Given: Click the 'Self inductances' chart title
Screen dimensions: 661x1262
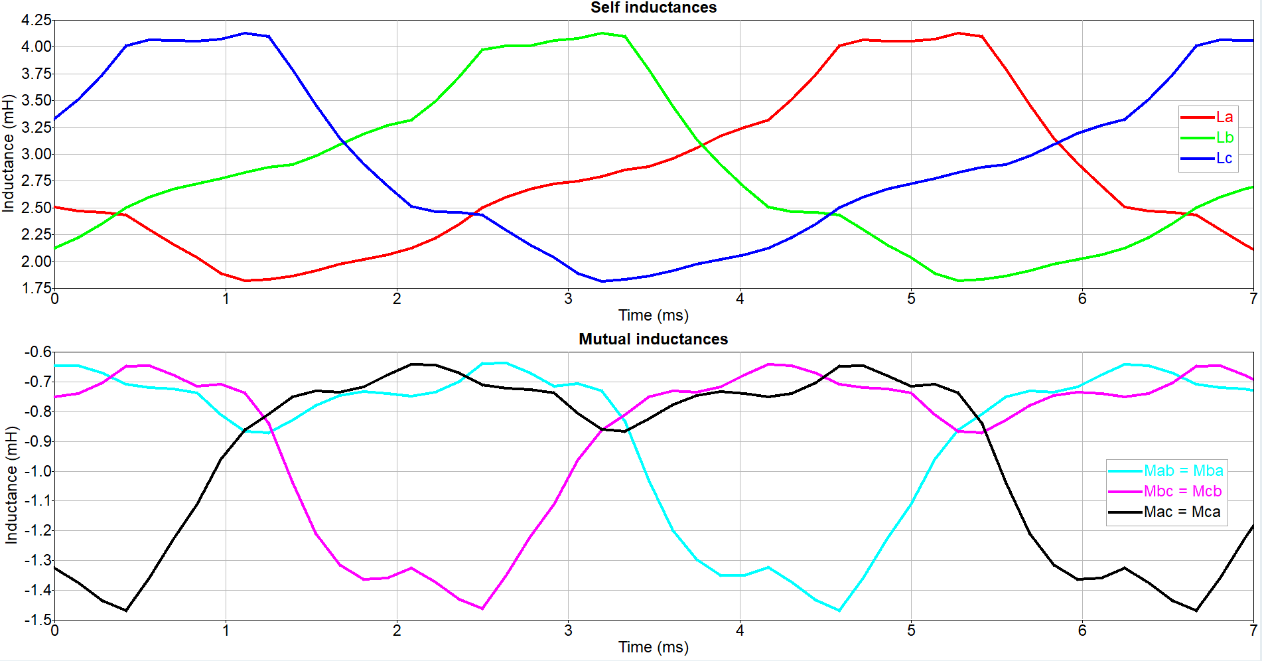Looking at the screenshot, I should coord(653,7).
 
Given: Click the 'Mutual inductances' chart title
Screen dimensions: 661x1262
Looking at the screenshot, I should coord(653,339).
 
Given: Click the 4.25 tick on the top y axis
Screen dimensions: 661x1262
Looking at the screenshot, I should coord(36,20).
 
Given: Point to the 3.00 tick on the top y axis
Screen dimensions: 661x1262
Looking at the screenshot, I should coord(36,154).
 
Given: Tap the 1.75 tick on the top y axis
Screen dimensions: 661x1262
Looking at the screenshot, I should coord(36,288).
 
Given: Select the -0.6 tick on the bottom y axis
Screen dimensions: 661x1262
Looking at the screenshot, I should coord(37,352).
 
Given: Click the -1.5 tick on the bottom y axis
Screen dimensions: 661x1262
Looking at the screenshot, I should coord(37,620).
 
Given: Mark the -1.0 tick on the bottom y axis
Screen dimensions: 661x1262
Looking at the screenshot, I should coord(37,471).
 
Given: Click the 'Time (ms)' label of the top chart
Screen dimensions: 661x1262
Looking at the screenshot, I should coord(653,315).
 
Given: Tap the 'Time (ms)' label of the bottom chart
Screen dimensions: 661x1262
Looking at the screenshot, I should coord(653,647).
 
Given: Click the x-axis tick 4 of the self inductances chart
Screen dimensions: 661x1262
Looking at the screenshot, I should coord(739,299).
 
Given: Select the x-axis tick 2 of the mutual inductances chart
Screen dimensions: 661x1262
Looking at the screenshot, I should coord(397,630).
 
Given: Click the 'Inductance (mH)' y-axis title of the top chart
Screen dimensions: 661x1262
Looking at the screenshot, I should coord(8,154).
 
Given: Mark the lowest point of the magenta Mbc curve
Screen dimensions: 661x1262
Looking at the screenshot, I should coord(482,609).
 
